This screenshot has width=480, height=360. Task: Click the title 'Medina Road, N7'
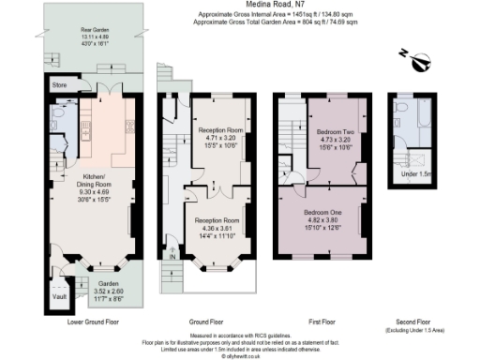(x=239, y=6)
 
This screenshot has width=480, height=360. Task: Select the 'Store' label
(x=59, y=85)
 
